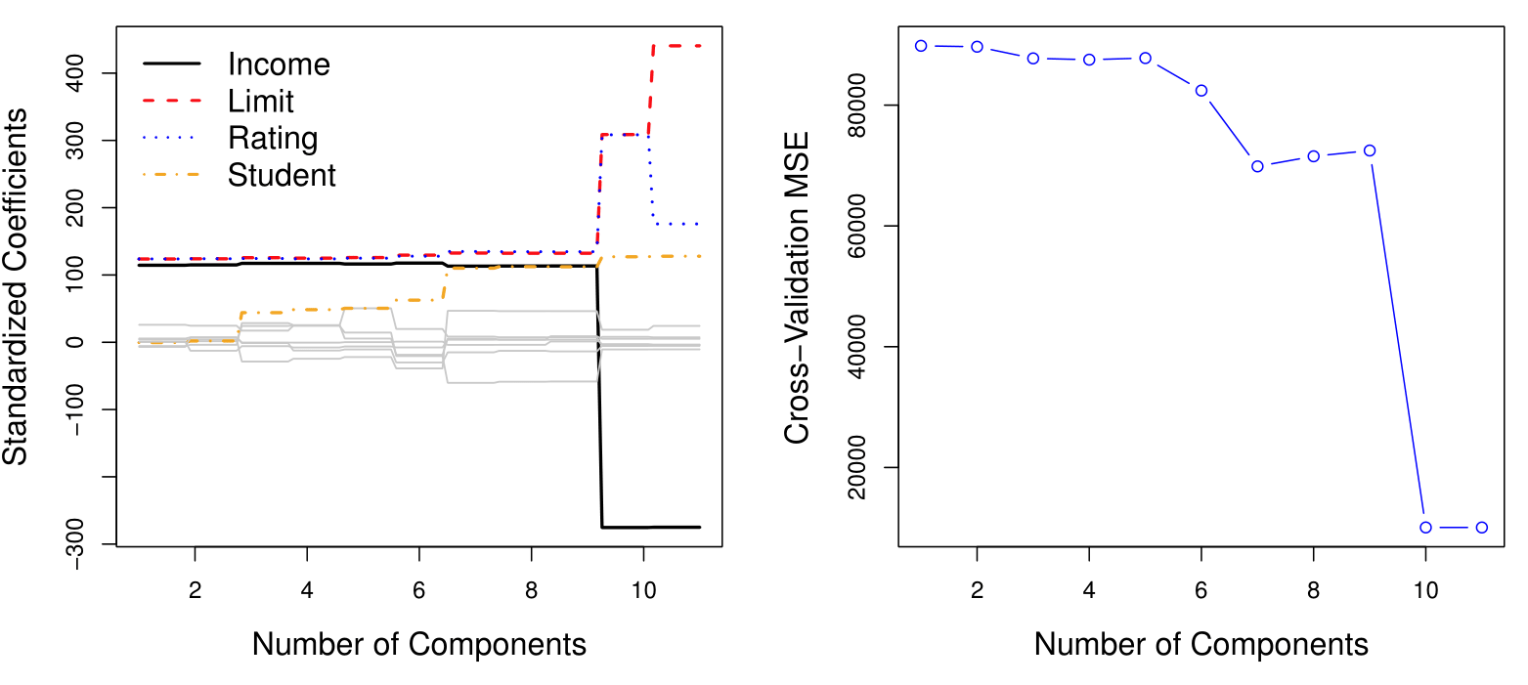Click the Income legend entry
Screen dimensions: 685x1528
click(279, 64)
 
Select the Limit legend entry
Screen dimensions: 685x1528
click(260, 101)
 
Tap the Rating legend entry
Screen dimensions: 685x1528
click(273, 138)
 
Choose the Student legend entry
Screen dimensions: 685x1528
click(282, 175)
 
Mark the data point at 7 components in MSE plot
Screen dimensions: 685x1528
click(1257, 166)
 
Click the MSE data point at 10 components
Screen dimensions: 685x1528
click(1425, 527)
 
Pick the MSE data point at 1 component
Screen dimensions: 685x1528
click(921, 45)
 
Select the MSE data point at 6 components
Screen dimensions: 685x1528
click(1201, 90)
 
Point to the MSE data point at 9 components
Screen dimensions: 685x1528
click(1370, 150)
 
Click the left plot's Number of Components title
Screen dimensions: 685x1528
click(419, 644)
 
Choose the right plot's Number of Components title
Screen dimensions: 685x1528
click(1201, 644)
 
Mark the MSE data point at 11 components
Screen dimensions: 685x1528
click(1481, 527)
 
